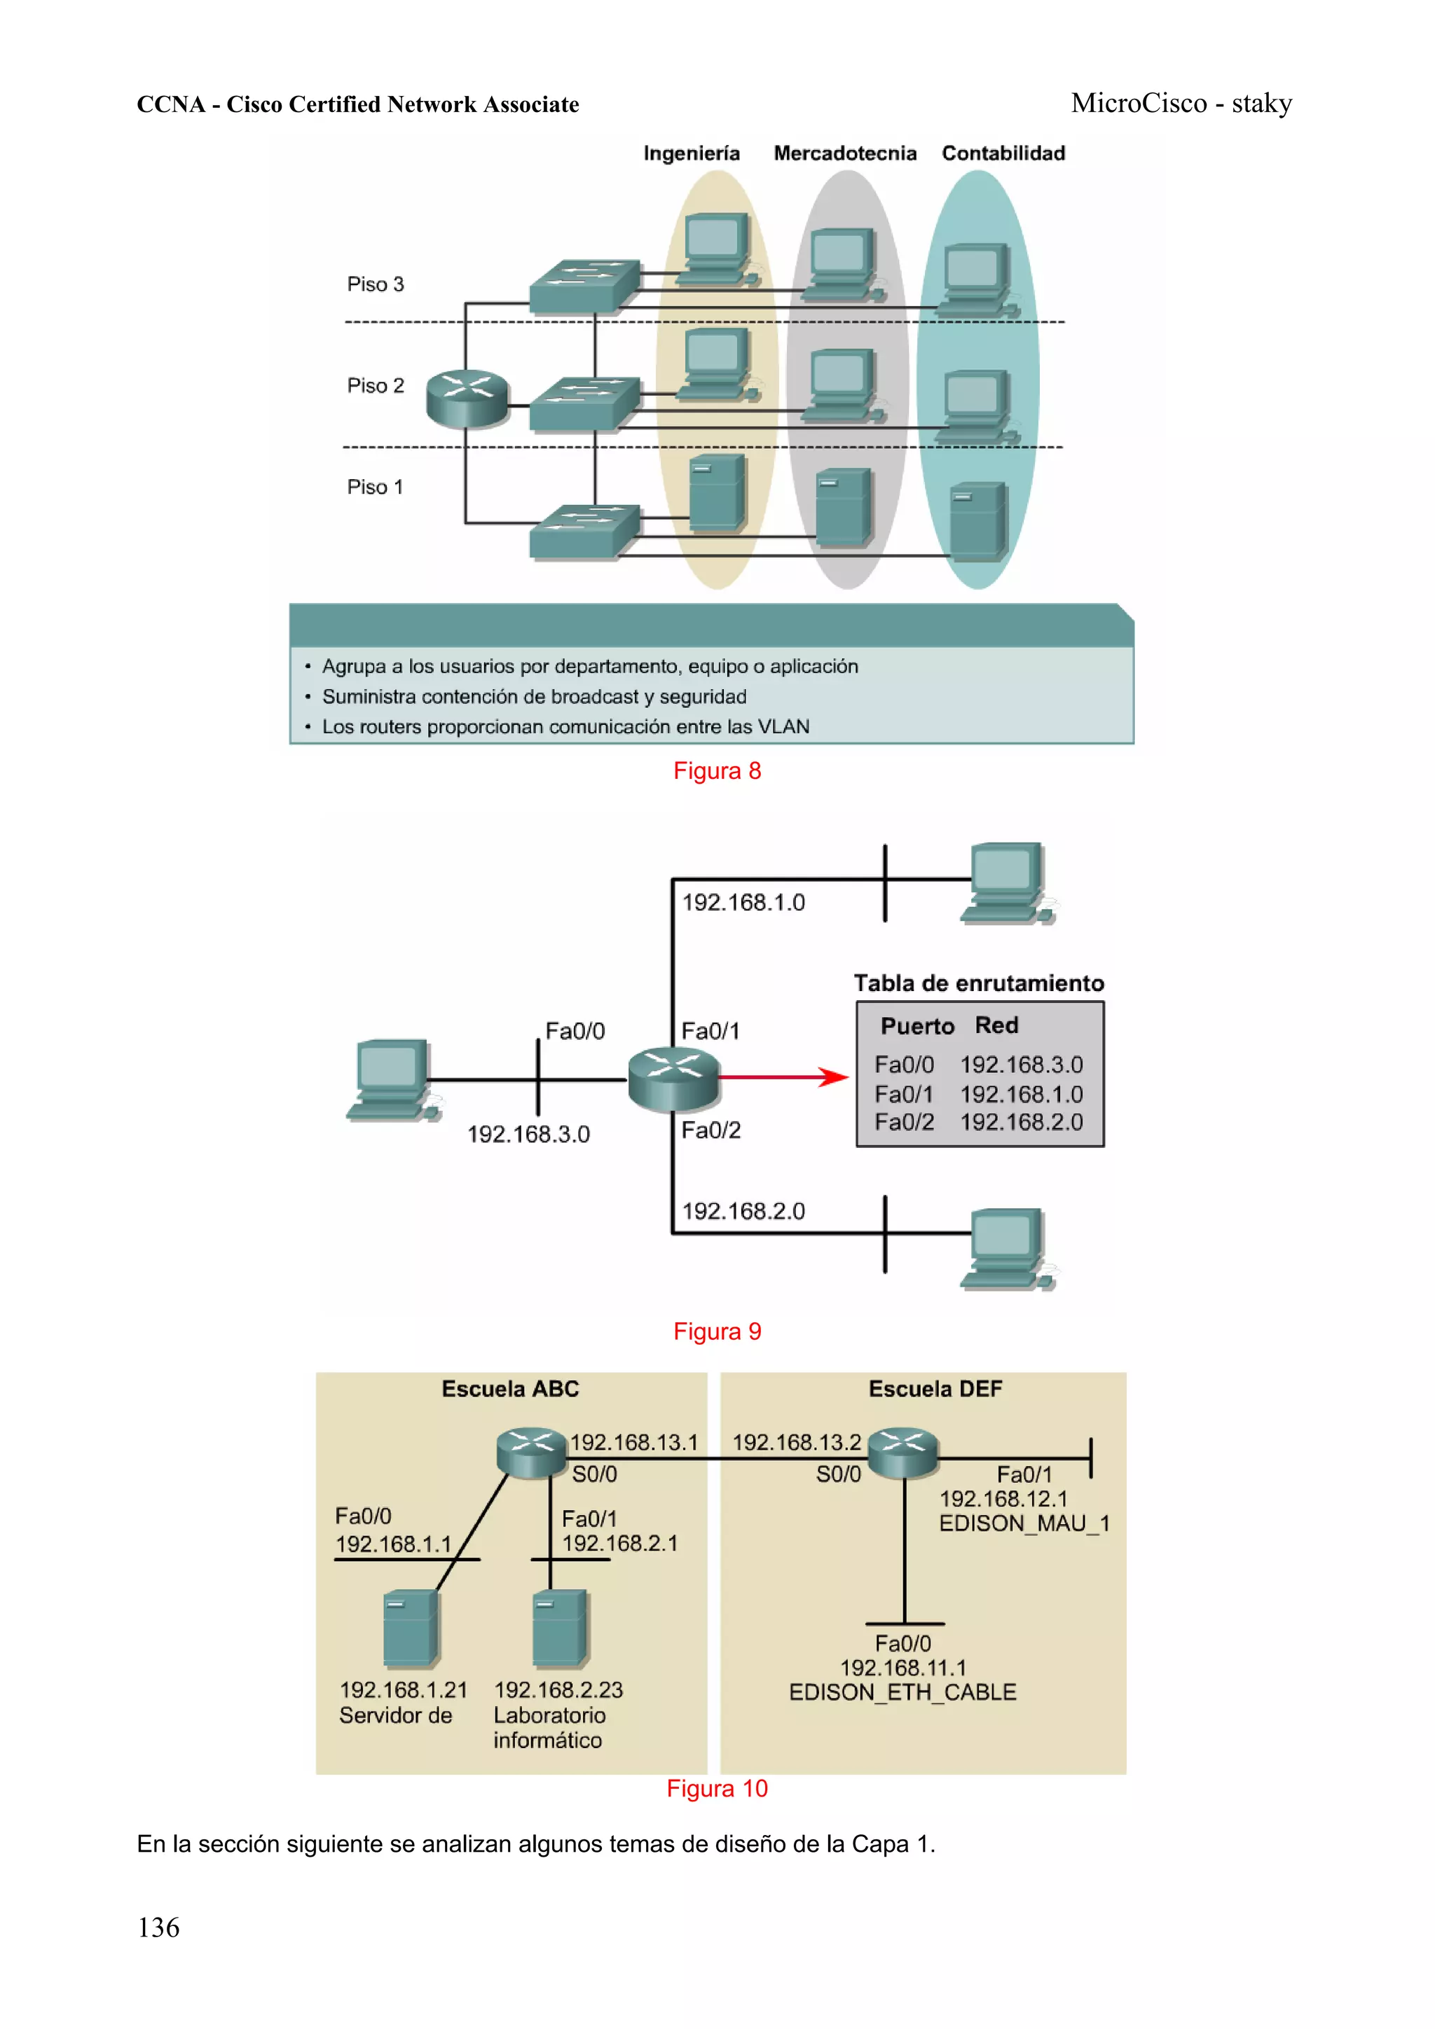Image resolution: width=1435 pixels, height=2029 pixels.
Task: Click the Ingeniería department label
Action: pos(691,154)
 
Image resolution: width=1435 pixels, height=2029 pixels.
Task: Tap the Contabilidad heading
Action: pos(1003,154)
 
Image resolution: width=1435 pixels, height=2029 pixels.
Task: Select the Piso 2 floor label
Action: pos(375,385)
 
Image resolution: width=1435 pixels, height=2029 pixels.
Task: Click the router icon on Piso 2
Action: pos(468,399)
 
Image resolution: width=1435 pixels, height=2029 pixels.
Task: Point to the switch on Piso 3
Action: pos(584,286)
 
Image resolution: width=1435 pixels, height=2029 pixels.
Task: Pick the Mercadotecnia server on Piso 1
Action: pos(844,509)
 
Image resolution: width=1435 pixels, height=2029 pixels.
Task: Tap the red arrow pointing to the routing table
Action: pos(783,1076)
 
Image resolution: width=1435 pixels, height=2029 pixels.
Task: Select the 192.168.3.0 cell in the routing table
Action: pos(1020,1065)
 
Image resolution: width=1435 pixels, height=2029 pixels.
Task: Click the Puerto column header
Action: pos(917,1026)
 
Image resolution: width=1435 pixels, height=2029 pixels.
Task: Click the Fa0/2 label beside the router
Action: pos(710,1130)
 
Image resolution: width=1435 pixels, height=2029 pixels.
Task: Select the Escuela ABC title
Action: pos(510,1388)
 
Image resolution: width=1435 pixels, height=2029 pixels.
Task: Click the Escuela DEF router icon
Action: pos(902,1452)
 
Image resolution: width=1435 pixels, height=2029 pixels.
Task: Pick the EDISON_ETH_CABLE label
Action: pos(902,1691)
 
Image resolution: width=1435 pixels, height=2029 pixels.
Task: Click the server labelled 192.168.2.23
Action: pos(560,1628)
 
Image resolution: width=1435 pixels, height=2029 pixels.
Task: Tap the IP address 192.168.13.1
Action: pos(633,1442)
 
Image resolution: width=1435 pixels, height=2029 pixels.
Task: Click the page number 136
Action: pos(158,1927)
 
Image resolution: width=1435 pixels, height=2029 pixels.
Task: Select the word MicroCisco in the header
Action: pos(1138,104)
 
